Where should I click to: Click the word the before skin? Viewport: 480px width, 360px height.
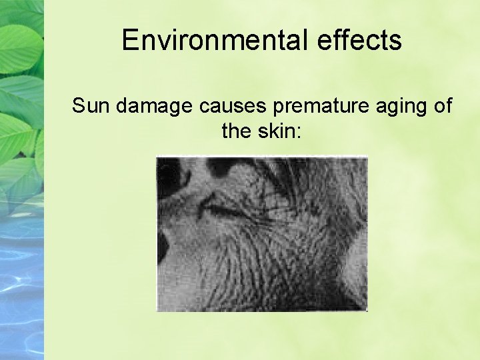click(235, 131)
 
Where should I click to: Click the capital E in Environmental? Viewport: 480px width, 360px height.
click(129, 40)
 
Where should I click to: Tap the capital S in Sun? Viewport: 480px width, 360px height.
click(79, 105)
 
